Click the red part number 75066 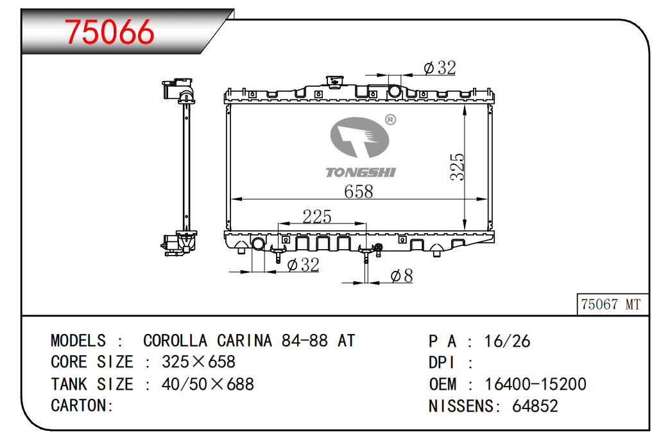(x=109, y=32)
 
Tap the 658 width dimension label (x=358, y=191)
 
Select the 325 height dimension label (x=458, y=167)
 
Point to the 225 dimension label (x=317, y=216)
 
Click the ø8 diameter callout (x=402, y=276)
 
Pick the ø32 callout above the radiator (x=440, y=67)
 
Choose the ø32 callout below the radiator (x=303, y=265)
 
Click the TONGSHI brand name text (x=361, y=172)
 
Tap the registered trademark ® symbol (x=391, y=120)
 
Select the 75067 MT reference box (x=612, y=304)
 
